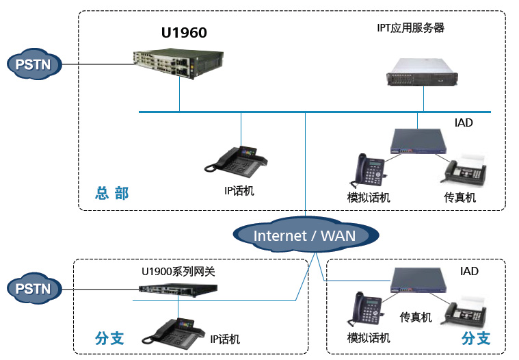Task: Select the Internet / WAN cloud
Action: (x=304, y=235)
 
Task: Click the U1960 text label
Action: (x=184, y=32)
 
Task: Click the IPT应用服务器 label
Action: (x=411, y=28)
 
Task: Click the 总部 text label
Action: (x=111, y=193)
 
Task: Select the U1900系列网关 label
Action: (x=178, y=272)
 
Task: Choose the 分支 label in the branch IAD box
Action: (x=476, y=338)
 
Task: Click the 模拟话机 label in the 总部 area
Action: (x=369, y=198)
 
